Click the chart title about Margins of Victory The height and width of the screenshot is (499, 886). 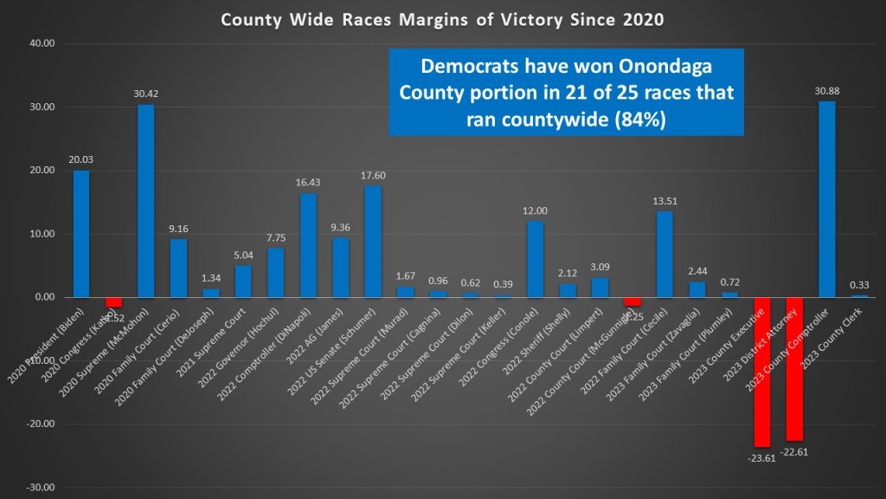pos(442,19)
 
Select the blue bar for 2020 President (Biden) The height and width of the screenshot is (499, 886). pos(80,234)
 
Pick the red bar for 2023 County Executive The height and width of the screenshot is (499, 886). pos(761,372)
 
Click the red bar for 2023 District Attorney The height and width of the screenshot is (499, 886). pos(794,368)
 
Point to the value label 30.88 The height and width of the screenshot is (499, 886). pos(826,91)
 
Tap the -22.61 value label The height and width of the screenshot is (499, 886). pos(794,450)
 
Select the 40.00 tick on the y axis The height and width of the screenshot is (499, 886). pos(42,43)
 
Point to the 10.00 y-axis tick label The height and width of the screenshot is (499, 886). pos(42,234)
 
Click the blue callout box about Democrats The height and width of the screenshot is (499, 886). pos(566,93)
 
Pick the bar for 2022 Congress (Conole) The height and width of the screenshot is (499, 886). pos(535,259)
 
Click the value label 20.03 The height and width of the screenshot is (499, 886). pos(80,160)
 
